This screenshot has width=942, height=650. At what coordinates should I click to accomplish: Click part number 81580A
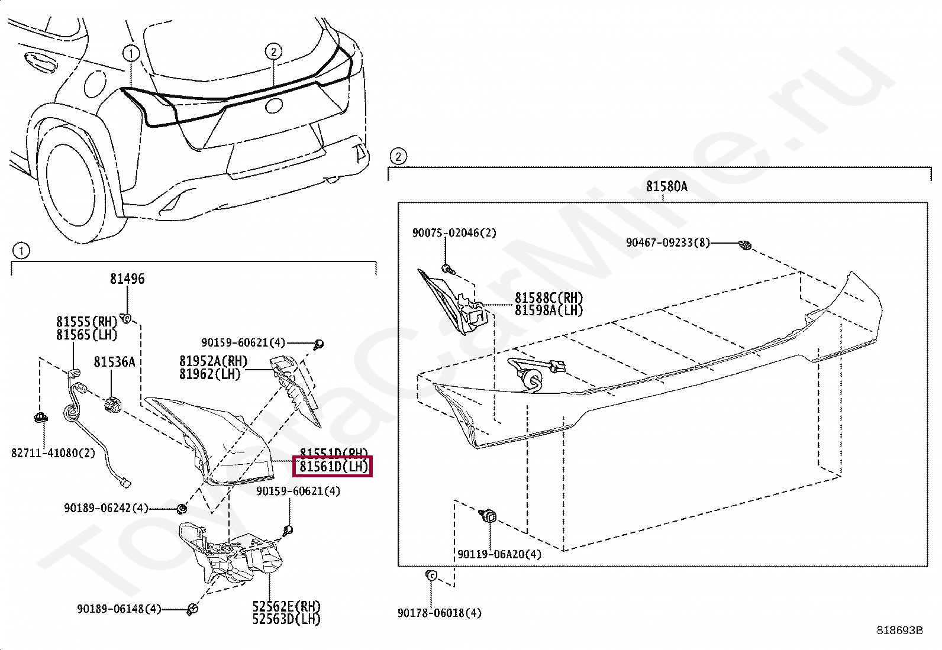(x=666, y=186)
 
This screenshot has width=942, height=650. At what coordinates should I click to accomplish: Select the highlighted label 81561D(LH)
(x=334, y=467)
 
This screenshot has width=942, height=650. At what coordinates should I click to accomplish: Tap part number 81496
(x=127, y=279)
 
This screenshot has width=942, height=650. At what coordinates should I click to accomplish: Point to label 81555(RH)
(x=87, y=322)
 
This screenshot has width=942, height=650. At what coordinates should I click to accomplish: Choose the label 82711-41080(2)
(x=53, y=453)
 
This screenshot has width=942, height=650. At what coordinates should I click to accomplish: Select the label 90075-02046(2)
(x=454, y=233)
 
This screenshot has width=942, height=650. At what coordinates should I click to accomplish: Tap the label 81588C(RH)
(x=549, y=297)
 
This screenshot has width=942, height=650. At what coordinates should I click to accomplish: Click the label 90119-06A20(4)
(x=499, y=554)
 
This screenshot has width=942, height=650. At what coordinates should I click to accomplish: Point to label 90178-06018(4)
(x=439, y=613)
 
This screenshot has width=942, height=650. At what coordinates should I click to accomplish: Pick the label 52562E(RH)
(x=286, y=606)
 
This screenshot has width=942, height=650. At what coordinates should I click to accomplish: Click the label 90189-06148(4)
(x=119, y=609)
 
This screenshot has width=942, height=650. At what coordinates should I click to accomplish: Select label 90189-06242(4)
(x=106, y=507)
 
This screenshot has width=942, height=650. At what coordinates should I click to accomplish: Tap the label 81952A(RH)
(x=214, y=361)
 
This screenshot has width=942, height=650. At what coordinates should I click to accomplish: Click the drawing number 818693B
(x=899, y=630)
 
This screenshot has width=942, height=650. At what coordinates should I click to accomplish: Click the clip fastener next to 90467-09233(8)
(x=745, y=244)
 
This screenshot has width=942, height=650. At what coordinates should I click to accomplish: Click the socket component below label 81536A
(x=112, y=405)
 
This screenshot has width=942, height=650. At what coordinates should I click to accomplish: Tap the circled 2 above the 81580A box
(x=398, y=157)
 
